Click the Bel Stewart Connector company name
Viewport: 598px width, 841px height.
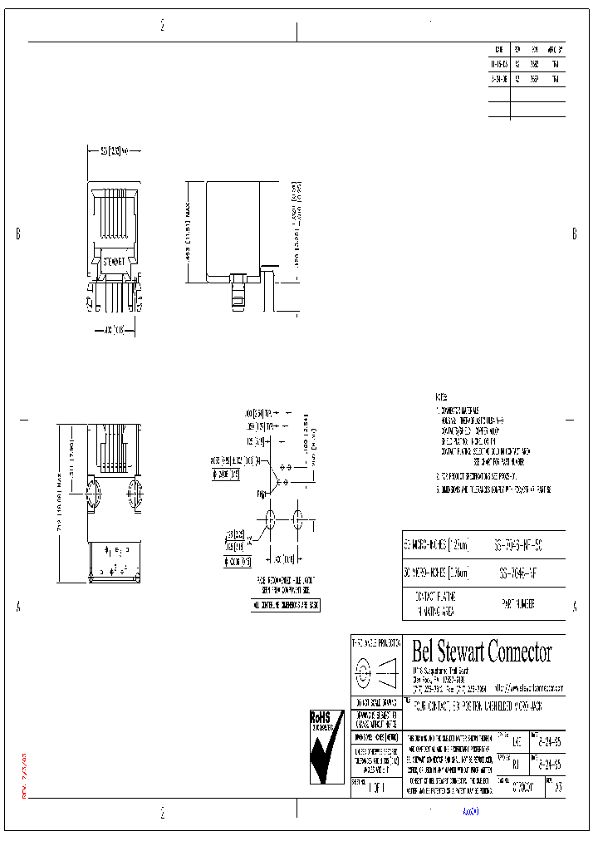(482, 652)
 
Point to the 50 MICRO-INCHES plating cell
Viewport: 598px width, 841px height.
(436, 545)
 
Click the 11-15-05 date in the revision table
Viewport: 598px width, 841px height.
(498, 62)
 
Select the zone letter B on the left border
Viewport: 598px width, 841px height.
(17, 234)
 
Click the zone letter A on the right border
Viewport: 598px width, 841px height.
(574, 607)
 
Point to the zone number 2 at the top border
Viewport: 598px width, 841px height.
(162, 26)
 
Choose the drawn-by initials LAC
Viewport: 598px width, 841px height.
(517, 740)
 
